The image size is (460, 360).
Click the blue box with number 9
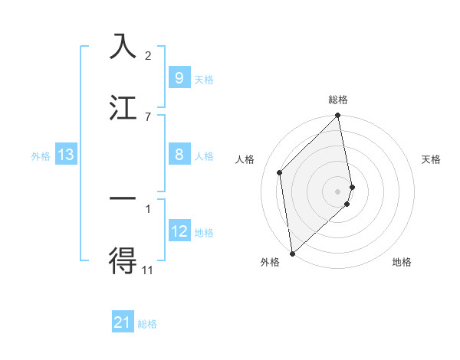click(179, 78)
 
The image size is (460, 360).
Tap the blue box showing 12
click(179, 232)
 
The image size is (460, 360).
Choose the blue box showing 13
click(66, 155)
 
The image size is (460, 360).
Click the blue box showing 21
click(123, 323)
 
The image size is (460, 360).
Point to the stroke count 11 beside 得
click(148, 270)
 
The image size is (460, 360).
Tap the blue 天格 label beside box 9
click(204, 79)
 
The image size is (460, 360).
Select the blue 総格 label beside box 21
click(148, 324)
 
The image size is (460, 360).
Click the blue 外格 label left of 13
click(41, 156)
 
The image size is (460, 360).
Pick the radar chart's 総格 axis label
click(338, 100)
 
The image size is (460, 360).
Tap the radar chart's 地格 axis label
click(402, 262)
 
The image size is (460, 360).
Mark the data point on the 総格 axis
click(338, 116)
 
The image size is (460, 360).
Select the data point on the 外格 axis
click(292, 253)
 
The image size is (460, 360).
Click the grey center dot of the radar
click(338, 190)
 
